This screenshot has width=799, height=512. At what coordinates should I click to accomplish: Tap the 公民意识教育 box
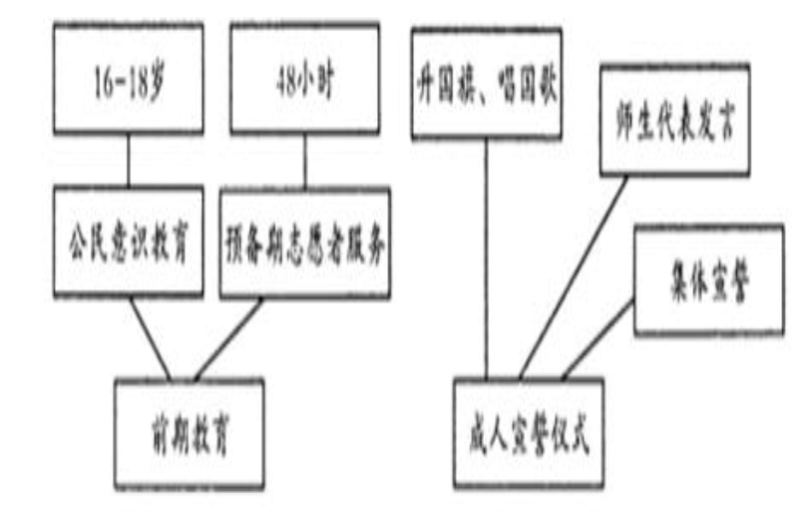tap(127, 242)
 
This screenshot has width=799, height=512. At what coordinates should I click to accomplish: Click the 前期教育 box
tap(190, 433)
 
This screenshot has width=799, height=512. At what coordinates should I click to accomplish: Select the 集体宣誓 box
tap(707, 279)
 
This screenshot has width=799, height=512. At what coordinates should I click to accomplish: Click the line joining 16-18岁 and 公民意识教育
tap(128, 160)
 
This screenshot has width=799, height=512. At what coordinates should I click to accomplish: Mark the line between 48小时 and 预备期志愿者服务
tap(305, 160)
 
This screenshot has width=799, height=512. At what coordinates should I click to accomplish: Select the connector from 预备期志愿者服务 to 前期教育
tap(229, 339)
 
